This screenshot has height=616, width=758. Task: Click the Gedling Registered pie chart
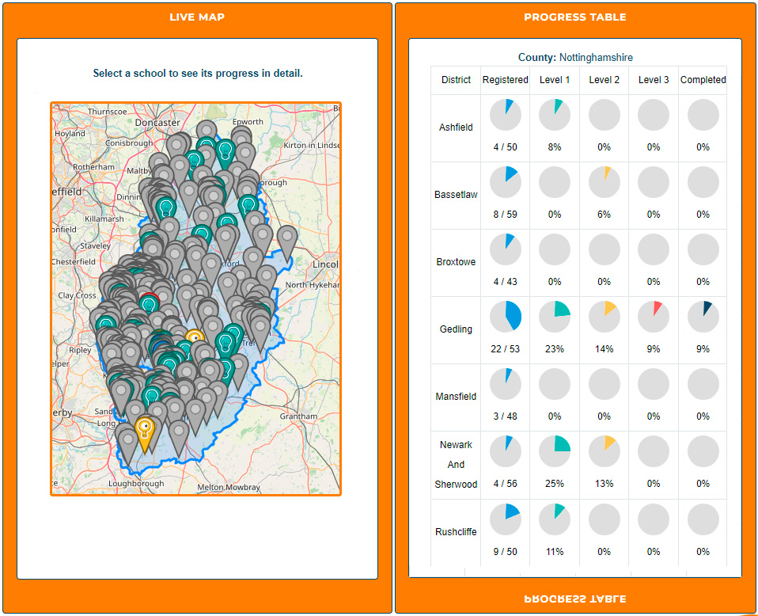[x=506, y=317]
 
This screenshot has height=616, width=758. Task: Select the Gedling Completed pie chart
[x=703, y=317]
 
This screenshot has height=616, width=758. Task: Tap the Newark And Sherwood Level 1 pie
[x=555, y=451]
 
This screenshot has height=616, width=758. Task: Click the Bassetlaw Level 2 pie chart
[x=604, y=182]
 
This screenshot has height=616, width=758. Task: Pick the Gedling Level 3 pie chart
[x=654, y=317]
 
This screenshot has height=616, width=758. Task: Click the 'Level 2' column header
[x=604, y=80]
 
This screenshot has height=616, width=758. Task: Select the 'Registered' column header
[x=506, y=80]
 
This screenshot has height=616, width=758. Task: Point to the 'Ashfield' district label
[x=456, y=127]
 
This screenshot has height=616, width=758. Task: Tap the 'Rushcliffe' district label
[x=456, y=532]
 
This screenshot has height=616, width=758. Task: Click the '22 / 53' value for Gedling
[x=506, y=349]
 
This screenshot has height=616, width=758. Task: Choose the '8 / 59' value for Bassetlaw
[x=506, y=215]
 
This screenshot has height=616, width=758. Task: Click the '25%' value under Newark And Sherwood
[x=555, y=484]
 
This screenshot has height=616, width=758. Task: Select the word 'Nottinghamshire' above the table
[x=596, y=58]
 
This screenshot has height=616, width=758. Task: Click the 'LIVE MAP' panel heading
[x=197, y=17]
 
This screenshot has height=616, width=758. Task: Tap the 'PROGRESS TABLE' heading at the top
[x=575, y=17]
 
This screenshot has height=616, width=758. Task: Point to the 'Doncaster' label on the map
[x=157, y=123]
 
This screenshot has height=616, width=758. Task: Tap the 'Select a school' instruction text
[x=197, y=74]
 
